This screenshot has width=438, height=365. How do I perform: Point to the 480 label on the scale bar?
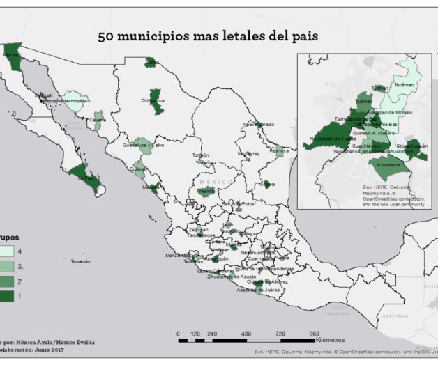246,334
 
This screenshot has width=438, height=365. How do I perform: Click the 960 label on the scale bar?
315,334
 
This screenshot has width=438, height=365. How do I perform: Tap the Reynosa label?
279,150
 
